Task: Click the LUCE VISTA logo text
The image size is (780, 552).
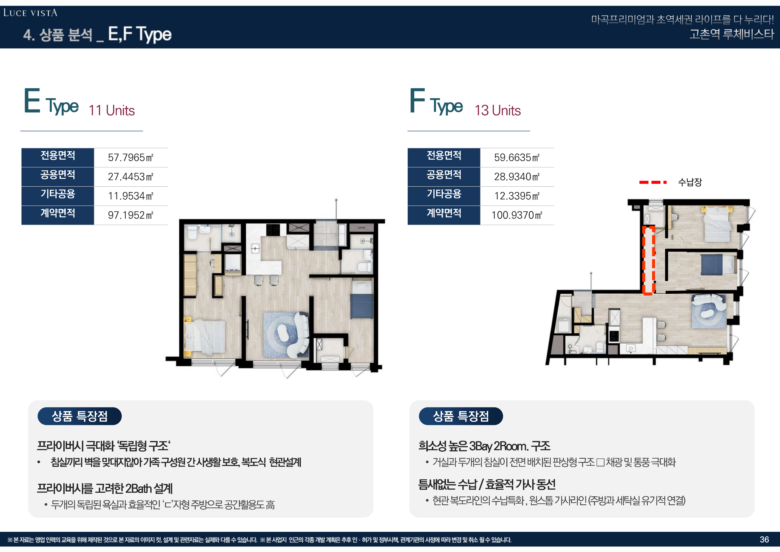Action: click(x=30, y=13)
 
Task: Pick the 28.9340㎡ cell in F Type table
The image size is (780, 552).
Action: click(x=517, y=176)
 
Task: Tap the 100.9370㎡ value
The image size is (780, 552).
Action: click(x=517, y=215)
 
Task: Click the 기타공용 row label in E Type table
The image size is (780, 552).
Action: click(x=58, y=194)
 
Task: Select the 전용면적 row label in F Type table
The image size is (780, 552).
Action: click(x=444, y=155)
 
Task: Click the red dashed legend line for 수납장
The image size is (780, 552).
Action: click(x=653, y=182)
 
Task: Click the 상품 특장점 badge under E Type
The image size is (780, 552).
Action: click(x=80, y=416)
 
